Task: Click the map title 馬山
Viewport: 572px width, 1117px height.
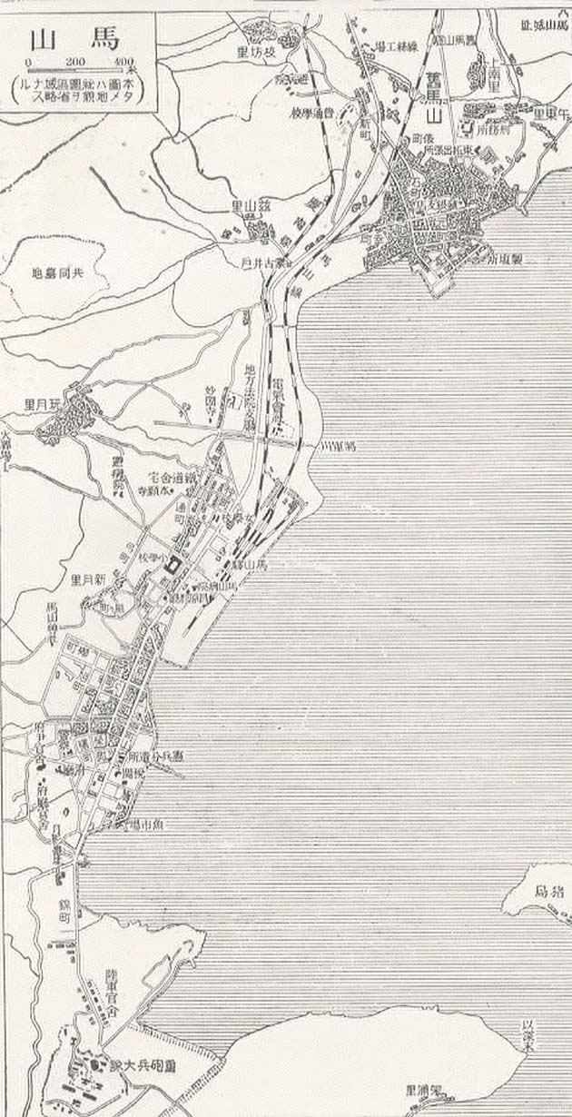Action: pos(77,40)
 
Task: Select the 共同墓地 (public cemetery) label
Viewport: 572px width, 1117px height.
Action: pos(64,272)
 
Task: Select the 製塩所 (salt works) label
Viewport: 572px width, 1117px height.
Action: pos(507,258)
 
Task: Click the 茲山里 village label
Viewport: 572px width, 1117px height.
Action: pos(250,205)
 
